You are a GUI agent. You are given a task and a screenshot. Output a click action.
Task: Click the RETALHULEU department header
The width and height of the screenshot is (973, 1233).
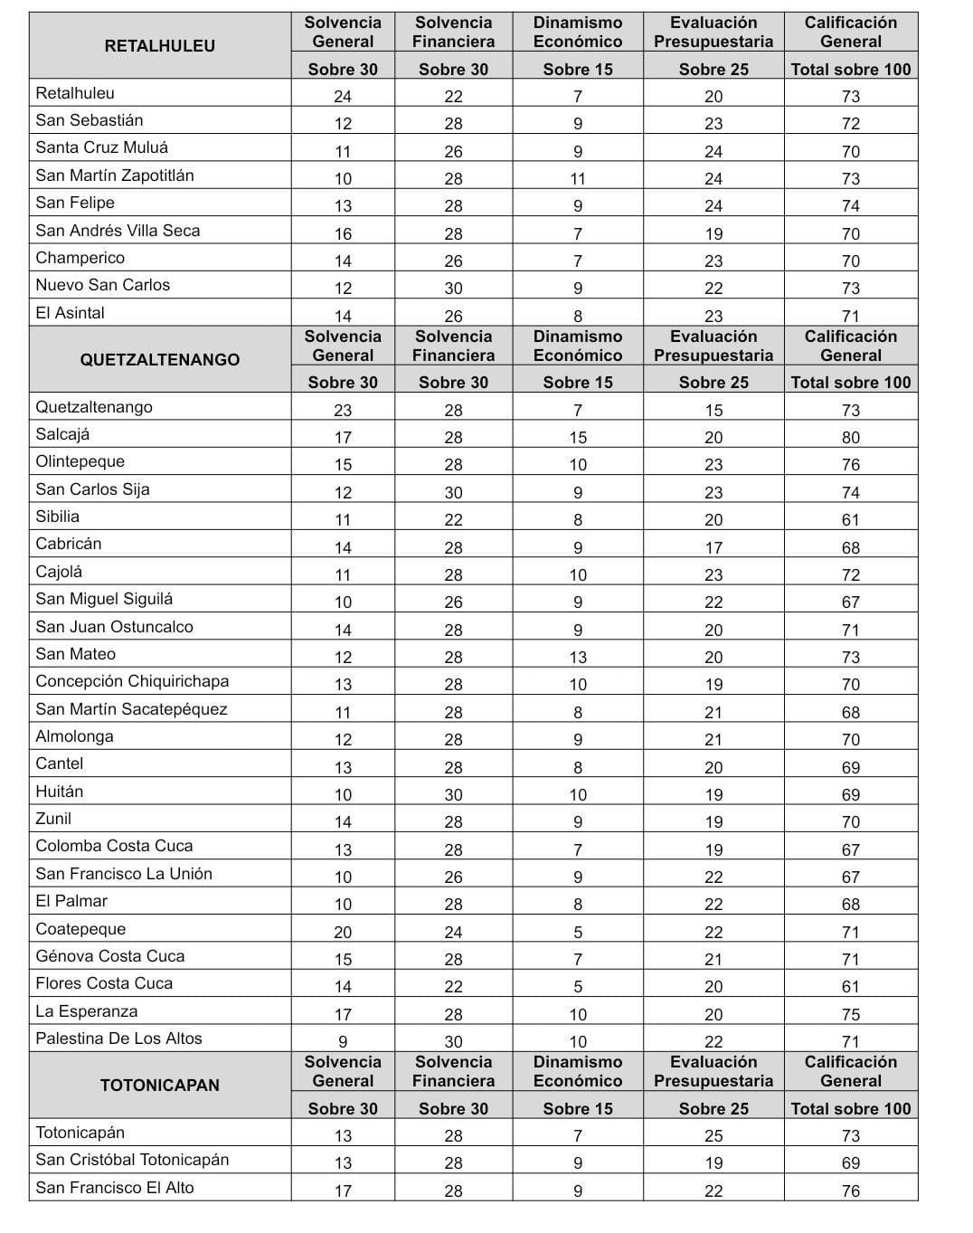pyautogui.click(x=160, y=46)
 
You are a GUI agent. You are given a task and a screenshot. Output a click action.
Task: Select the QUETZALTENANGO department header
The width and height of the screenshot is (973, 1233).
pyautogui.click(x=160, y=360)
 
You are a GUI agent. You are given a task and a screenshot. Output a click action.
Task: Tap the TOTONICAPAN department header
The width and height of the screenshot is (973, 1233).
pyautogui.click(x=160, y=1086)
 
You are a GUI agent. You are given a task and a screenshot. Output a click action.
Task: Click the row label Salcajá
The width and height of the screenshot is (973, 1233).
pyautogui.click(x=63, y=434)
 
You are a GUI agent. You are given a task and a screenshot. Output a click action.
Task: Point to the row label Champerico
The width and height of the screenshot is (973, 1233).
pyautogui.click(x=80, y=258)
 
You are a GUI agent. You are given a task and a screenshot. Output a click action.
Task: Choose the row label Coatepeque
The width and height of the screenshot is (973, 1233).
pyautogui.click(x=80, y=929)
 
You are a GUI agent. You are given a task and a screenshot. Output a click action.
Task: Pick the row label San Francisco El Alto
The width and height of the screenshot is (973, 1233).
pyautogui.click(x=115, y=1188)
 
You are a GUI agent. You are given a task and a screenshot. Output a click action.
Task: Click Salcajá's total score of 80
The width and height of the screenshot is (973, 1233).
pyautogui.click(x=850, y=438)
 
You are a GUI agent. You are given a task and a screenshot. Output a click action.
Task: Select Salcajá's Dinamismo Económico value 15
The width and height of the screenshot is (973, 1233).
pyautogui.click(x=578, y=438)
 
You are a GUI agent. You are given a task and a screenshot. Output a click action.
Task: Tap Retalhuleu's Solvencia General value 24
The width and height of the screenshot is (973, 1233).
pyautogui.click(x=343, y=97)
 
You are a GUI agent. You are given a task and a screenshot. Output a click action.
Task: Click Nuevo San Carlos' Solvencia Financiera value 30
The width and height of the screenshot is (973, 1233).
pyautogui.click(x=453, y=289)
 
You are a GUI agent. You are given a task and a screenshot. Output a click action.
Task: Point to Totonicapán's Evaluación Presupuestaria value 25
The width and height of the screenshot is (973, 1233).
pyautogui.click(x=713, y=1136)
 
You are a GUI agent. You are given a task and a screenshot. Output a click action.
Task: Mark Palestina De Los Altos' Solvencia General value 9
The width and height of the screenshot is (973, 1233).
pyautogui.click(x=343, y=1042)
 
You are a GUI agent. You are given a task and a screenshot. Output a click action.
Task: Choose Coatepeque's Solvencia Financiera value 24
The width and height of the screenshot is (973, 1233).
pyautogui.click(x=453, y=933)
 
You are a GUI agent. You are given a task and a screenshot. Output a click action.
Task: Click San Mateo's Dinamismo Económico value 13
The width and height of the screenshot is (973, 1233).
pyautogui.click(x=578, y=658)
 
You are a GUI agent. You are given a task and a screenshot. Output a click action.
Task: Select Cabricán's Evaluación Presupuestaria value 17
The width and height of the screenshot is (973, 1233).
pyautogui.click(x=713, y=548)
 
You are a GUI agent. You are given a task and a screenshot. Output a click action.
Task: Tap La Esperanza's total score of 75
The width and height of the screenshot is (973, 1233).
pyautogui.click(x=850, y=1015)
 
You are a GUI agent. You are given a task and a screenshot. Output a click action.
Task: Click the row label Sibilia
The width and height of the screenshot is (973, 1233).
pyautogui.click(x=58, y=517)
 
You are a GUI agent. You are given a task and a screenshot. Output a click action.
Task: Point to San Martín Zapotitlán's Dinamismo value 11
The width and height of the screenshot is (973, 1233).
pyautogui.click(x=578, y=179)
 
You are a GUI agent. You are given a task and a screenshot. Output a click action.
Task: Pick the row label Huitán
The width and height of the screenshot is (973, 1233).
pyautogui.click(x=60, y=792)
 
